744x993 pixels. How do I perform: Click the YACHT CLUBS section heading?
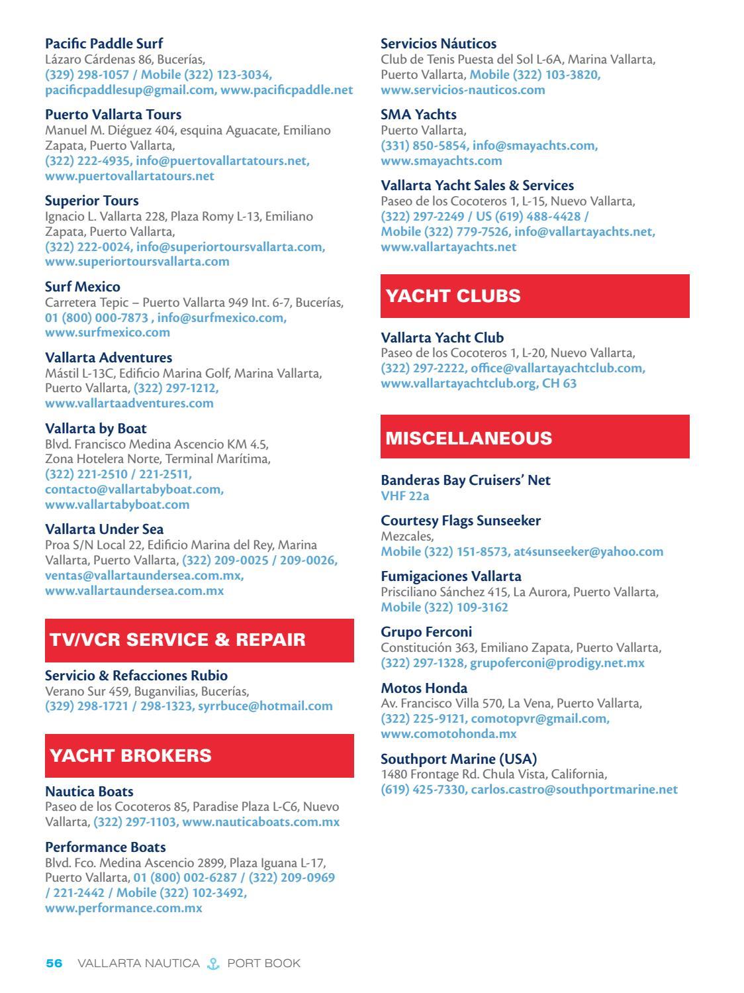[x=453, y=296]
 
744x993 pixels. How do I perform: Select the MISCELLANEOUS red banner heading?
[x=469, y=438]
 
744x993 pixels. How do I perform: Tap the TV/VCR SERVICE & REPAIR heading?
[x=177, y=640]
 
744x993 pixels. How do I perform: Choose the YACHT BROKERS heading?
[x=130, y=756]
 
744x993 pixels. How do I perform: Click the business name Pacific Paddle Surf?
[x=104, y=44]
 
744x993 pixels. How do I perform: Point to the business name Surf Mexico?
[x=83, y=287]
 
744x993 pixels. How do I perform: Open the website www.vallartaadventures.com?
[x=129, y=403]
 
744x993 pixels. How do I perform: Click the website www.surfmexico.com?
[x=107, y=332]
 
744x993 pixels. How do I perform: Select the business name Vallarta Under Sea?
[x=104, y=529]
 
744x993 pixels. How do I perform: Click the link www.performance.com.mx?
[x=123, y=908]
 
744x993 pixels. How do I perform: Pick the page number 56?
[x=54, y=963]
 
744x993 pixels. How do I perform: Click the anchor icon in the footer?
[x=212, y=963]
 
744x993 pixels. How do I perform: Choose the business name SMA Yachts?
[x=418, y=115]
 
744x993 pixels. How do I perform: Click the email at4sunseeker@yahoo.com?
[x=588, y=551]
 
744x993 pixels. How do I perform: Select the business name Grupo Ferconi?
[x=426, y=632]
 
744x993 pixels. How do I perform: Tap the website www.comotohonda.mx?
[x=448, y=734]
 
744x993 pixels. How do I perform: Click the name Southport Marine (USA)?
[x=459, y=759]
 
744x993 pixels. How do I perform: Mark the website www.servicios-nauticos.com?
[x=463, y=89]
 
